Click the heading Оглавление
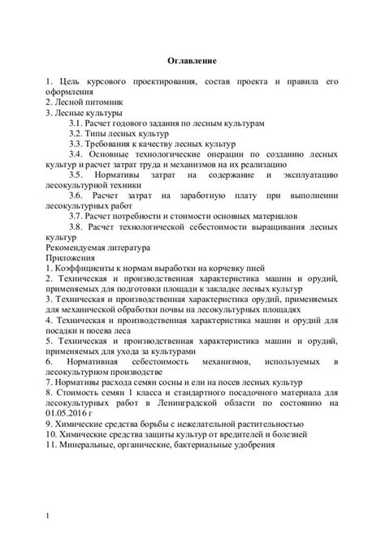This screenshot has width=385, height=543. (192, 61)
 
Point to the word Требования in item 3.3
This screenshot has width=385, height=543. (114, 142)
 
